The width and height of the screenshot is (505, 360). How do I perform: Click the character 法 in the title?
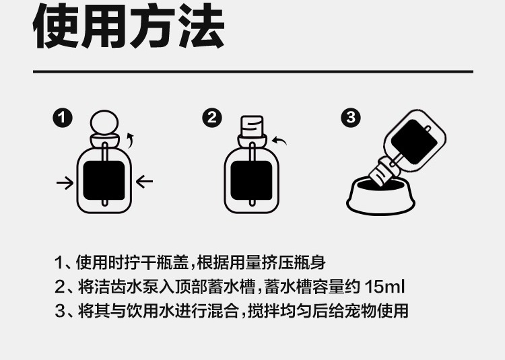pyautogui.click(x=201, y=26)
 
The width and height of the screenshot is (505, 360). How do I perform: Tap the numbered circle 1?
pyautogui.click(x=63, y=118)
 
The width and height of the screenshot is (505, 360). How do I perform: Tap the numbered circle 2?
pyautogui.click(x=212, y=118)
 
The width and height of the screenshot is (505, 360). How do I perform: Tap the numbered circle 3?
pyautogui.click(x=351, y=118)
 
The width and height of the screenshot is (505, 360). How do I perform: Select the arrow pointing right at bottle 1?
pyautogui.click(x=65, y=183)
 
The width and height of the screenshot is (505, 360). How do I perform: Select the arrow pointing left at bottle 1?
pyautogui.click(x=144, y=182)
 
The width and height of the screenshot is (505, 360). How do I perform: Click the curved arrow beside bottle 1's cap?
pyautogui.click(x=130, y=140)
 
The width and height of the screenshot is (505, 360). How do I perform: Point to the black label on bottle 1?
pyautogui.click(x=104, y=180)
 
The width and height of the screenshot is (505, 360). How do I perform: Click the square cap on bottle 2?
pyautogui.click(x=252, y=126)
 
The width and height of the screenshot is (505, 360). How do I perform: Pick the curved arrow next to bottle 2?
pyautogui.click(x=279, y=141)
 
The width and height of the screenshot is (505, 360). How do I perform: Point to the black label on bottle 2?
pyautogui.click(x=252, y=180)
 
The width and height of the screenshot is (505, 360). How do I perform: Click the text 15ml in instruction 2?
pyautogui.click(x=384, y=287)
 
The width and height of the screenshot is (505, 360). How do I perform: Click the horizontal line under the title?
pyautogui.click(x=253, y=71)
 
